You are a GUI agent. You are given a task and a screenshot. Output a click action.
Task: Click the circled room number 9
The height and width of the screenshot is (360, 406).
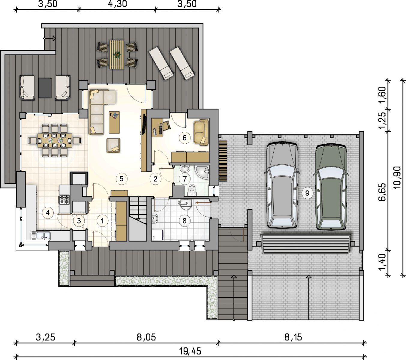307,193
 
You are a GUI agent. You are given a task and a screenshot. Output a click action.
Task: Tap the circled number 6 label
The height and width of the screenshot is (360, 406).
185,138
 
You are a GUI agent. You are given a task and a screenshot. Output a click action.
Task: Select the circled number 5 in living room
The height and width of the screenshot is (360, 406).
122,179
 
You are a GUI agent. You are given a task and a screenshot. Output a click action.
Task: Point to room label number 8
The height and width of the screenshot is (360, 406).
185,221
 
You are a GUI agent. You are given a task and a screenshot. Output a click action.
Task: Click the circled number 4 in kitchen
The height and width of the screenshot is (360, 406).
48,213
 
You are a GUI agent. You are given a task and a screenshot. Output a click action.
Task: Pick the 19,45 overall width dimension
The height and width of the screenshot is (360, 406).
190,351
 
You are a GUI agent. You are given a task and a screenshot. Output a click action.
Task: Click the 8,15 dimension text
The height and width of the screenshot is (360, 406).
293,337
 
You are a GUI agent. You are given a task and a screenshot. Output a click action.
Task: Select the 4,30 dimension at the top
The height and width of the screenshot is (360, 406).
117,4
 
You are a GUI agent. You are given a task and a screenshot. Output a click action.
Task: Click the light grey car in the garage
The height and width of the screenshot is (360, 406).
282,185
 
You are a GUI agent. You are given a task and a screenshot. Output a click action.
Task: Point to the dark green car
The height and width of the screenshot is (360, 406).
331,187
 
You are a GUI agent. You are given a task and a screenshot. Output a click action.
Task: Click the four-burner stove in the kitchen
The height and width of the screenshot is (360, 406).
64,199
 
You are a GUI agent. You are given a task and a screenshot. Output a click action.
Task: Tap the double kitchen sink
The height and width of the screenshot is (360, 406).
41,236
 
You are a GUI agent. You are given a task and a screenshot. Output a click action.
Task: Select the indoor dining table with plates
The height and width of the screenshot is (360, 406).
55,140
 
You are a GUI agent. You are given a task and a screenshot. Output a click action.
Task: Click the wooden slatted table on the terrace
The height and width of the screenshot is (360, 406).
117,55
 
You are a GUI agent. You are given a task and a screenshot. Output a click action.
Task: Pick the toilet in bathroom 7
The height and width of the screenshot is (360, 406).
192,190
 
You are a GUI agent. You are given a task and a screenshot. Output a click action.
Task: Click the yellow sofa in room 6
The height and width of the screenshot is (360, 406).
201,132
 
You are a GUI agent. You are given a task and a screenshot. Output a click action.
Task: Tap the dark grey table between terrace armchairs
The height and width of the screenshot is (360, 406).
45,88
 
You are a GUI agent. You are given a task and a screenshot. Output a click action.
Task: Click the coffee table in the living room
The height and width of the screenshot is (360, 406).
114,122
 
